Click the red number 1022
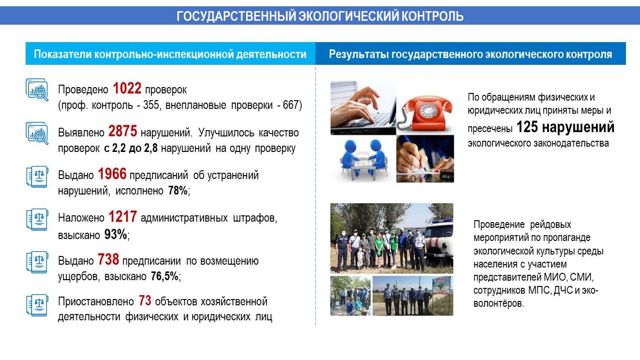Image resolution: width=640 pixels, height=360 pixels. click(x=127, y=88)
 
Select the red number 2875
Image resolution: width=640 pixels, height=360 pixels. click(x=122, y=132)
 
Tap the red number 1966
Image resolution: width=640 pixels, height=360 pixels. click(x=112, y=174)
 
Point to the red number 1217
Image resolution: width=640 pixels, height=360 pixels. click(x=122, y=217)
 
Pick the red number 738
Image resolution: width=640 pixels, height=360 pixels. click(x=108, y=259)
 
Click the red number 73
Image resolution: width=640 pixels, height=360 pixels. click(x=145, y=300)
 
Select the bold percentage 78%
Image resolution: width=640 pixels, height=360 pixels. click(x=178, y=190)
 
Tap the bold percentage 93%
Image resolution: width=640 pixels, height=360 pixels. click(x=116, y=235)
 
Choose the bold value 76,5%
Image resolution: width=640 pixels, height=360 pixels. click(x=164, y=276)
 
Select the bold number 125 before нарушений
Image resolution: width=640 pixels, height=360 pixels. click(x=527, y=127)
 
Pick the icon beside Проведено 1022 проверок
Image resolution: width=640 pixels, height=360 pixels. click(x=37, y=90)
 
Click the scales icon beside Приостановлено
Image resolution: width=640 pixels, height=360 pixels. click(x=37, y=305)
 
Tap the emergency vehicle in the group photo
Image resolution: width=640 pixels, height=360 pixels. click(x=438, y=240)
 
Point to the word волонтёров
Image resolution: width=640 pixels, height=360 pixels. click(x=498, y=303)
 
